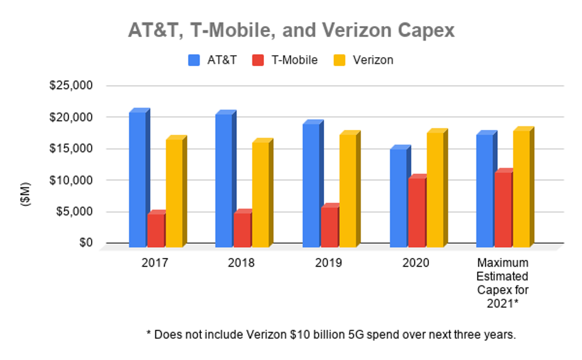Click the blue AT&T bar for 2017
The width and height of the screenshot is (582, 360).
pyautogui.click(x=137, y=179)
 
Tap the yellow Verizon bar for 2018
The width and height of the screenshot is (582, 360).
pyautogui.click(x=260, y=194)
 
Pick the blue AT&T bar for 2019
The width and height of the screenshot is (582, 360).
pyautogui.click(x=311, y=185)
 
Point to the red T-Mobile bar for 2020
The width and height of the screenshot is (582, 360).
pyautogui.click(x=416, y=212)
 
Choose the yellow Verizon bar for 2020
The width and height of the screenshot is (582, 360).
pyautogui.click(x=435, y=189)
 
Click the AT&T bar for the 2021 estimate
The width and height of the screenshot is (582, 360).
pyautogui.click(x=484, y=191)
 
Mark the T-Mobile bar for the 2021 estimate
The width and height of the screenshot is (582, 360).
pyautogui.click(x=503, y=209)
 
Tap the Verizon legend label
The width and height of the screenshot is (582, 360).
pyautogui.click(x=373, y=60)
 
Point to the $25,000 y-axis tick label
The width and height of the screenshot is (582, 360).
pyautogui.click(x=72, y=86)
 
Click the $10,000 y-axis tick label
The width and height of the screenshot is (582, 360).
pyautogui.click(x=72, y=180)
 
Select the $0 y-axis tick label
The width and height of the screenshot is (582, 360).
pyautogui.click(x=85, y=243)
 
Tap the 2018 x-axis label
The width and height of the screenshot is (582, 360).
pyautogui.click(x=242, y=263)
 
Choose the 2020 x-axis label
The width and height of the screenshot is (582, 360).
pyautogui.click(x=416, y=263)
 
